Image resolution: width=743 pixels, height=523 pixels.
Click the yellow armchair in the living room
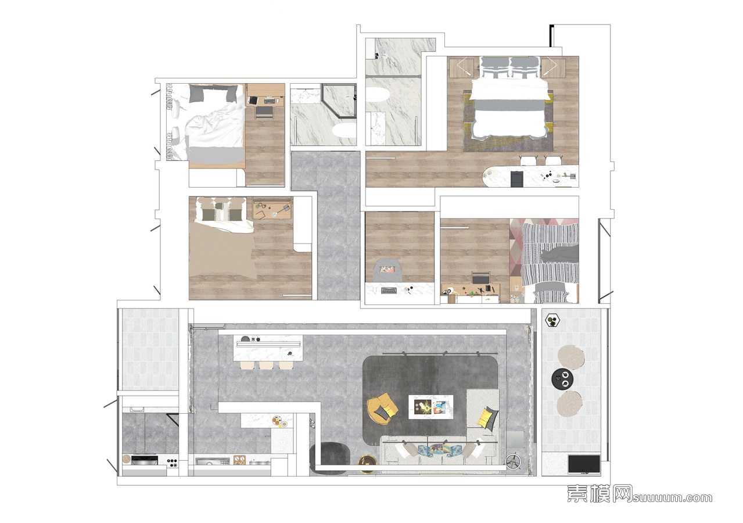coord(382,409)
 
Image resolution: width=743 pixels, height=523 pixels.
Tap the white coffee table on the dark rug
coord(430,407)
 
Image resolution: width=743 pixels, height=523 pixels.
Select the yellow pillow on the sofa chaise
coord(485,416)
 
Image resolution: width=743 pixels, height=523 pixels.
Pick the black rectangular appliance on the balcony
coord(584,464)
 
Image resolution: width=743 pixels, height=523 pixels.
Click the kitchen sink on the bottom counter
coord(212,461)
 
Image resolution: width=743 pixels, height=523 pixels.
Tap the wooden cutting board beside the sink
coord(239,460)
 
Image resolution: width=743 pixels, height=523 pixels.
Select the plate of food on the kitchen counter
coord(276,421)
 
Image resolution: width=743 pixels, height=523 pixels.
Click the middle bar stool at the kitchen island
coord(265,366)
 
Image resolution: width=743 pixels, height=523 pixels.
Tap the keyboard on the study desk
coord(389,291)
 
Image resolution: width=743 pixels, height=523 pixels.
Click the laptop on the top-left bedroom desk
coord(253,100)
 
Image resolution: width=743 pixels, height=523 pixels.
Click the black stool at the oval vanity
coord(517,178)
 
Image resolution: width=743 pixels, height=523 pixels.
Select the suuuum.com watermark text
coord(672,498)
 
